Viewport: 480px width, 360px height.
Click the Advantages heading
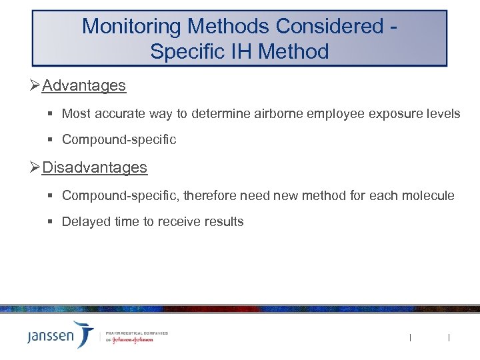83,86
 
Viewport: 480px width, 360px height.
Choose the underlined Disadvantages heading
95,167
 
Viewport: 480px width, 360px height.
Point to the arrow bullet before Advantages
35,86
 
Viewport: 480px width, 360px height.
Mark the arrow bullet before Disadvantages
35,167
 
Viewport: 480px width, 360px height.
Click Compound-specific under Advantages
119,140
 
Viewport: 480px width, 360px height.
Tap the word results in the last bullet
224,221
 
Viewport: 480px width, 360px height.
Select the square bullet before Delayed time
51,221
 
